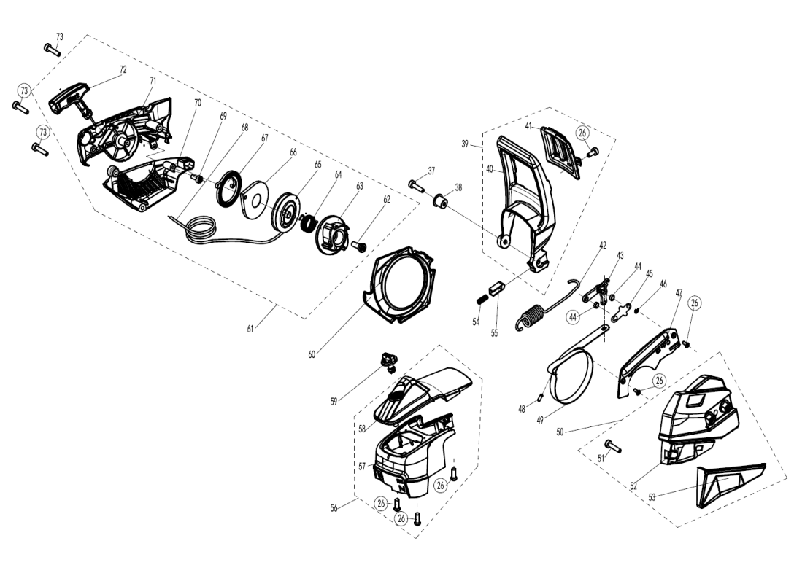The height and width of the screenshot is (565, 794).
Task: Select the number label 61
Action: click(250, 329)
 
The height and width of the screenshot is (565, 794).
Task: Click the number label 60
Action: click(312, 355)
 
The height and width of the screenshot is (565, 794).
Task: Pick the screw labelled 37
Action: click(417, 184)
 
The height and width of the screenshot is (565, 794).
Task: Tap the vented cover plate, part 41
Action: click(562, 150)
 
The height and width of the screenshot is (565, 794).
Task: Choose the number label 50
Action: click(560, 432)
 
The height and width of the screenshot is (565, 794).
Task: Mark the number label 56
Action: click(334, 508)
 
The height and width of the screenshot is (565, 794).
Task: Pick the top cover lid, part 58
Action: click(427, 394)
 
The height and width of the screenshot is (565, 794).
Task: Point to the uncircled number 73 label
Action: click(59, 36)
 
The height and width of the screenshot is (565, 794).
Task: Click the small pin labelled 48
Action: click(539, 396)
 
